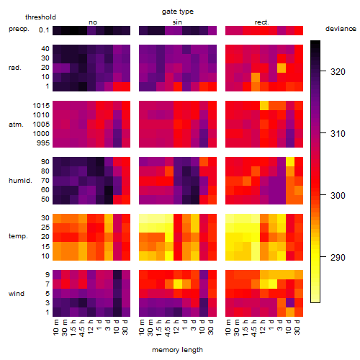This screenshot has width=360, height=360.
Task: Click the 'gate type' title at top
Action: tap(178, 12)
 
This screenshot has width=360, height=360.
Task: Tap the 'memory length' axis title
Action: tap(177, 350)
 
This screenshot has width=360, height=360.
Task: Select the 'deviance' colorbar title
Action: tap(341, 29)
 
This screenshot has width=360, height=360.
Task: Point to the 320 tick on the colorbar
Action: tap(323, 71)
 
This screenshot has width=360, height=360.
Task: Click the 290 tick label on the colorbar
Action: tap(338, 258)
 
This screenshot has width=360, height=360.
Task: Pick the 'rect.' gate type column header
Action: tap(261, 22)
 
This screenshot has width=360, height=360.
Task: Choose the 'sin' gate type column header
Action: tap(177, 22)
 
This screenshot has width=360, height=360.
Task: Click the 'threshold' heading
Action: tap(40, 17)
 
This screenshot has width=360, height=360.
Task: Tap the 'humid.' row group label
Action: tap(20, 181)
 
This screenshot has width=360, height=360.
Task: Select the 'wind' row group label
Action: tap(17, 294)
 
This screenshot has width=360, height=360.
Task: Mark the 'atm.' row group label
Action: tap(16, 125)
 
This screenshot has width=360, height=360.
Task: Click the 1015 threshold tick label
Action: tap(41, 106)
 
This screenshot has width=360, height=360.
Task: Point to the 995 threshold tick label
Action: tap(43, 143)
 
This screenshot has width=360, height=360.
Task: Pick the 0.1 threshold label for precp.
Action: tap(44, 30)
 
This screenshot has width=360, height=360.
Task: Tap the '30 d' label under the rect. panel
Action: tap(299, 328)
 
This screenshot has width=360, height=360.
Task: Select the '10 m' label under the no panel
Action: tap(57, 328)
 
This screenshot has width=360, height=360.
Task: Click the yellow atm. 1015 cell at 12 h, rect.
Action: tap(264, 105)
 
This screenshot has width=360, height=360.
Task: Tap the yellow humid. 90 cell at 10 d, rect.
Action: tap(290, 161)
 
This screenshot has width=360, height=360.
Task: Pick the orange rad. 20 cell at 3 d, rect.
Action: tap(282, 68)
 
